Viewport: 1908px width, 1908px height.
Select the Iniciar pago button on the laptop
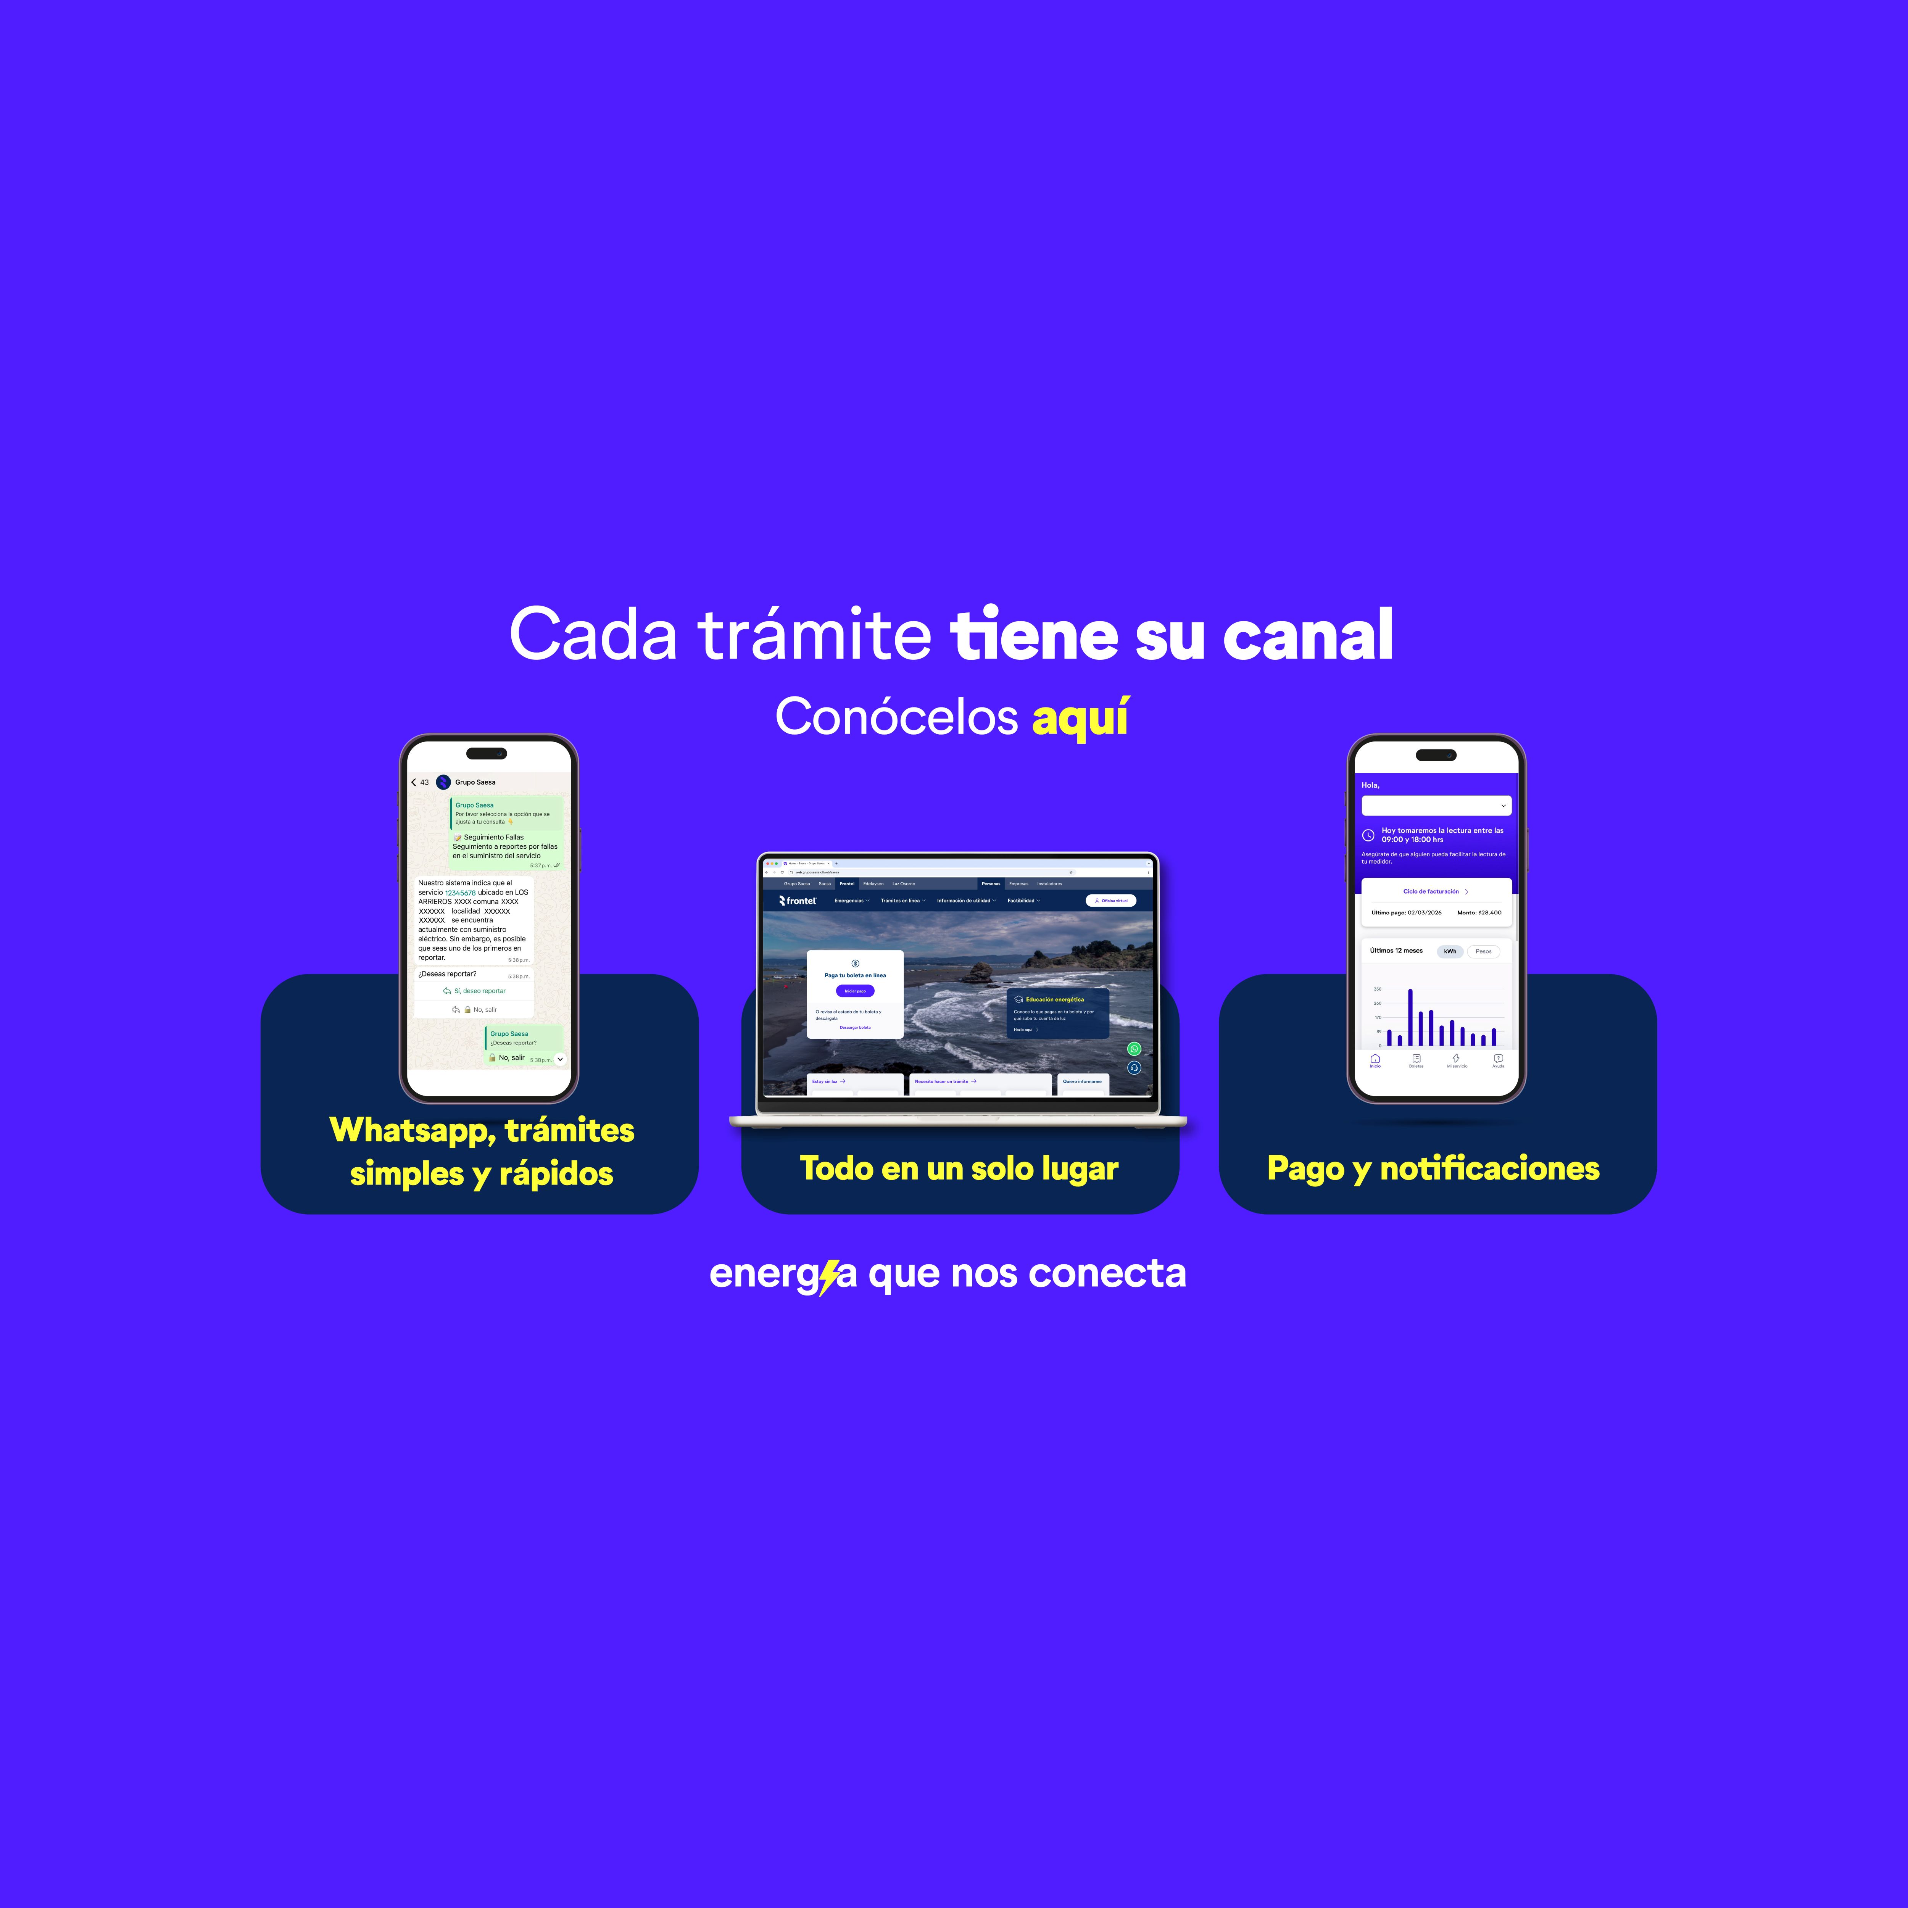tap(854, 991)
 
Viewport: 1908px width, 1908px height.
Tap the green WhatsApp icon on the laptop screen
tap(1134, 1049)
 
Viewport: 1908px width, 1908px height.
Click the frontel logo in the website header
tap(798, 901)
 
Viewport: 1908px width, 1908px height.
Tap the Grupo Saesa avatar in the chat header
tap(443, 782)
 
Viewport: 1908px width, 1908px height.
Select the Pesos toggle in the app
tap(1483, 951)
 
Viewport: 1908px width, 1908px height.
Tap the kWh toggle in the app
tap(1450, 951)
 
